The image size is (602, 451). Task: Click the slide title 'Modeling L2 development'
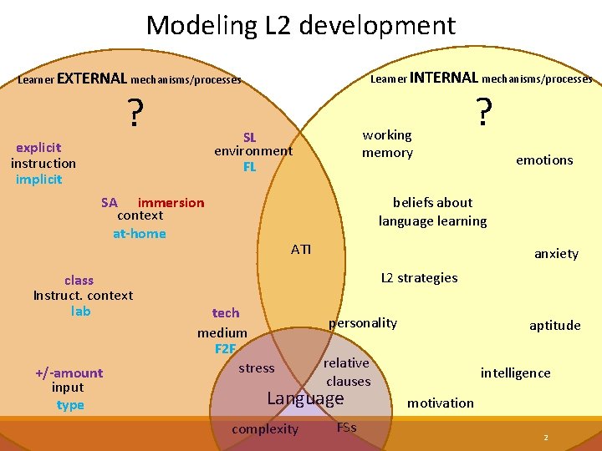coord(301,25)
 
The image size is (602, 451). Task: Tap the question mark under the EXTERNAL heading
coord(132,113)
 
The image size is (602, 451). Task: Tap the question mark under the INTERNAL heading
coord(482,110)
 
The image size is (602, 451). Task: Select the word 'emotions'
coord(544,160)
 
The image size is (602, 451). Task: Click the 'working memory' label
coord(387,144)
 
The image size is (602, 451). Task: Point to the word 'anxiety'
coord(556,254)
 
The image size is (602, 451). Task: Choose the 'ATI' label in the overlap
coord(301,249)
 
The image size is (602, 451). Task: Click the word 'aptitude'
coord(554,326)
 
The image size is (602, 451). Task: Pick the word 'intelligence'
coord(515,373)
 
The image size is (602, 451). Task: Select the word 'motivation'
coord(441,403)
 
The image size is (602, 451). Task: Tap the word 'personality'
coord(363,323)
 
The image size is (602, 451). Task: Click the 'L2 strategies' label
coord(419,277)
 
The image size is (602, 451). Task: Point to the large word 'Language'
coord(305,398)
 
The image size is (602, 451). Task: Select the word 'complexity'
coord(264,429)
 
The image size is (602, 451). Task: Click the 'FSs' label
coord(346,428)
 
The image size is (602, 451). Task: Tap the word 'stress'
coord(257,368)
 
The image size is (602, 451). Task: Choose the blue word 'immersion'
coord(171,202)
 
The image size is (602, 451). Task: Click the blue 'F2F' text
coord(225,348)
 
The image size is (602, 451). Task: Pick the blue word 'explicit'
coord(38,148)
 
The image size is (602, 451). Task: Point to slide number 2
coord(545,438)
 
